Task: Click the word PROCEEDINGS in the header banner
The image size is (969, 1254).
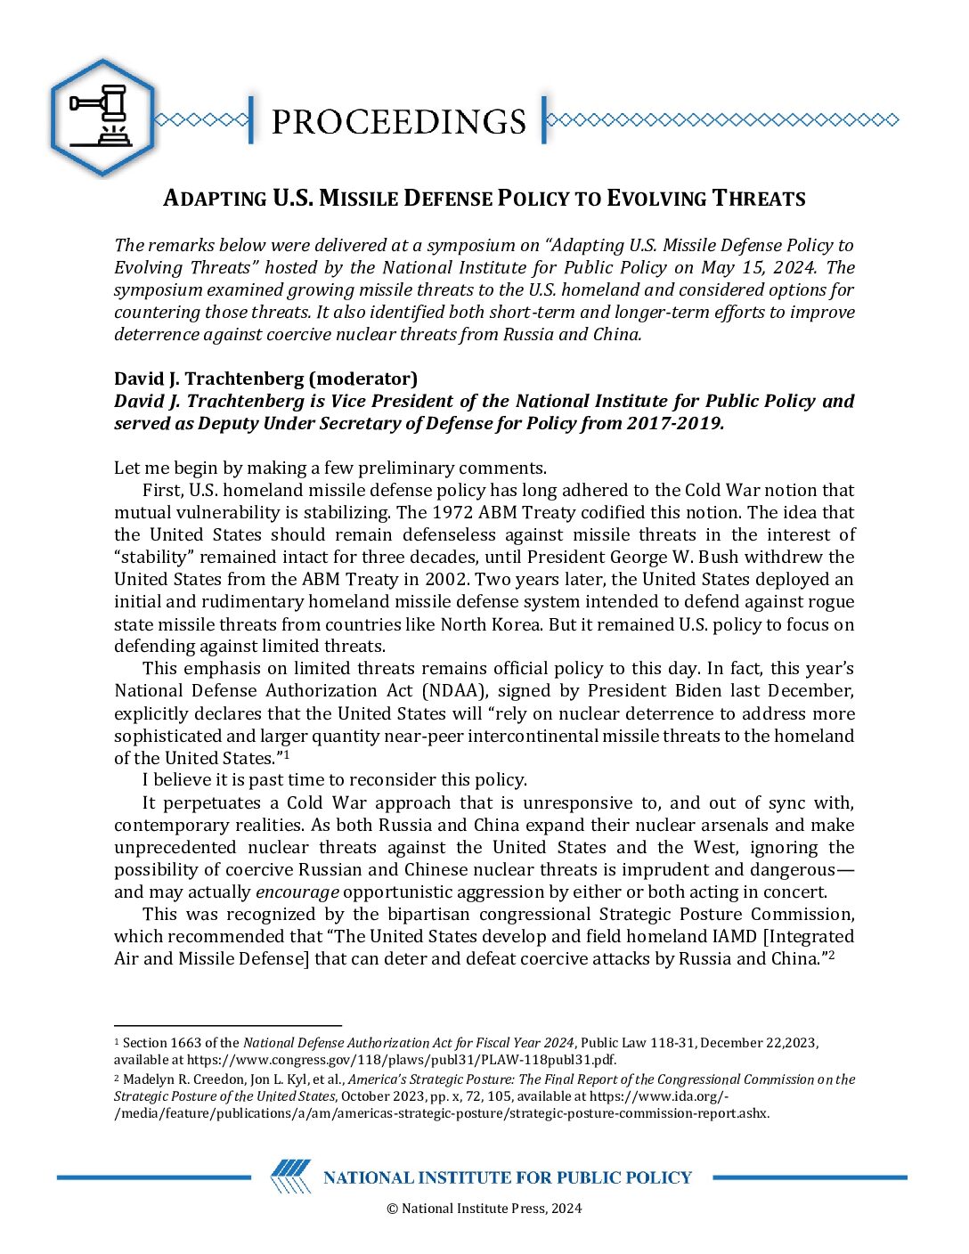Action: coord(398,121)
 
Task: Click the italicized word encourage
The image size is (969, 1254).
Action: coord(297,892)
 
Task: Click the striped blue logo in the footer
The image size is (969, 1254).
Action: coord(290,1177)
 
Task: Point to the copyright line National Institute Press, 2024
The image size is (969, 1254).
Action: coord(484,1209)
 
